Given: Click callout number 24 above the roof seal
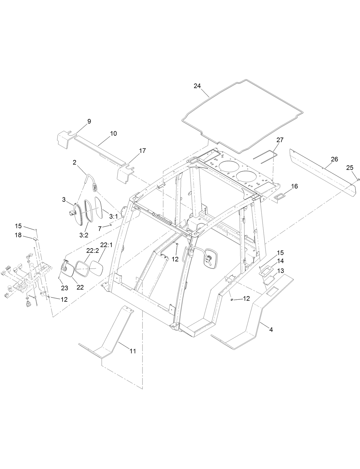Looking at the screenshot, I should [197, 86].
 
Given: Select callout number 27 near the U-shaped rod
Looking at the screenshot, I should [280, 140].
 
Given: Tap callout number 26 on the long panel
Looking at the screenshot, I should [334, 159].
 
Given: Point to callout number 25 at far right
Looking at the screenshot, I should [350, 168].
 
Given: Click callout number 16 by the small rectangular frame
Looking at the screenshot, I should [294, 186].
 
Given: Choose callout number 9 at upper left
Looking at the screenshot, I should [89, 121].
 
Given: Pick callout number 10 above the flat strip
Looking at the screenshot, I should [113, 134].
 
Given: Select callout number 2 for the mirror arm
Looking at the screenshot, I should [74, 162].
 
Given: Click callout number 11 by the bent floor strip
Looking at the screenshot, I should [133, 351].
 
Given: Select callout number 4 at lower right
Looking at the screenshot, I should [271, 330].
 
